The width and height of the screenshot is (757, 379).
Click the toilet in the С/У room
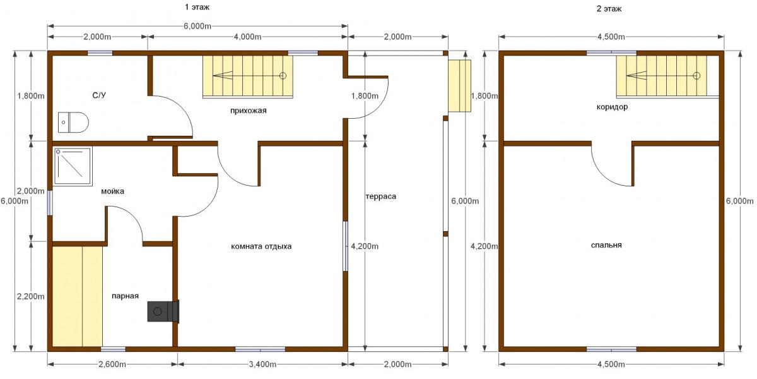pos(73,122)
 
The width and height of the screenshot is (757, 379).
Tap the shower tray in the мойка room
pos(73,167)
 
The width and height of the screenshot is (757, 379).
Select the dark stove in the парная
pos(163,311)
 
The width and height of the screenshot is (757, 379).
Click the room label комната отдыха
pos(261,246)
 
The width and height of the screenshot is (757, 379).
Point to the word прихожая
pos(249,111)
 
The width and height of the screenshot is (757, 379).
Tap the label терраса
pos(381,196)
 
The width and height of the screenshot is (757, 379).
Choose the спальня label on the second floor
pos(606,245)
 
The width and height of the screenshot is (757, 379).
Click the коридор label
pos(612,107)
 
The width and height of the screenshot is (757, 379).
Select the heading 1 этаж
pos(197,7)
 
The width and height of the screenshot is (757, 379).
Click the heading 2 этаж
pos(609,9)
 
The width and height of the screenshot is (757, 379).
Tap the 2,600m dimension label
pos(112,364)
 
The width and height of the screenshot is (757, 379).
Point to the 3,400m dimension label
pos(262,364)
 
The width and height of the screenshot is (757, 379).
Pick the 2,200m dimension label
pos(31,296)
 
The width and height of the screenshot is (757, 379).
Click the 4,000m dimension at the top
pos(248,37)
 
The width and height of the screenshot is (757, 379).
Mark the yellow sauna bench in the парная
pos(78,296)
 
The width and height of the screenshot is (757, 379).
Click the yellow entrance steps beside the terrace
pos(460,86)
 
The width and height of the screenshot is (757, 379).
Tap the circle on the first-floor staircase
pos(283,76)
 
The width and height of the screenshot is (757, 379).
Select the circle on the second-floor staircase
pos(696,76)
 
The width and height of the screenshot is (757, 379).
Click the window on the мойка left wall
pos(50,203)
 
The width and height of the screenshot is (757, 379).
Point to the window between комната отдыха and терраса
pos(346,246)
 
